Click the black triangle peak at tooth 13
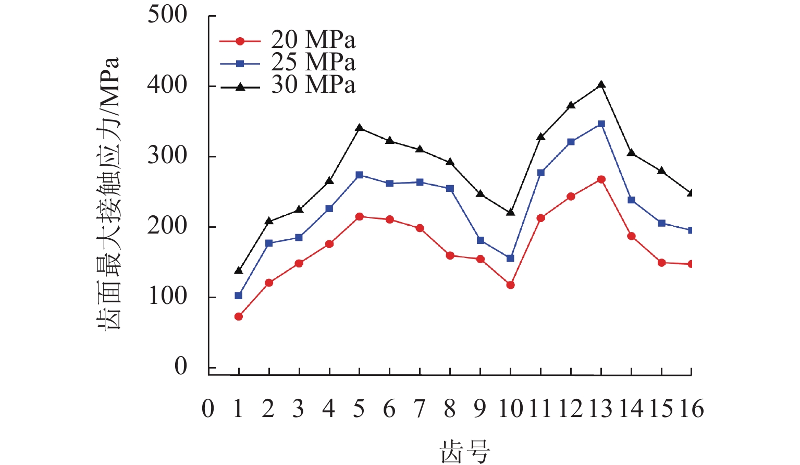(601, 84)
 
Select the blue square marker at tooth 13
(601, 124)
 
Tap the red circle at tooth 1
(239, 316)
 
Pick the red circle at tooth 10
(510, 285)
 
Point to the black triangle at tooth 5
(359, 128)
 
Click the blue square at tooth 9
(480, 240)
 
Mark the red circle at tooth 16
(691, 264)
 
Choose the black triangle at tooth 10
(510, 212)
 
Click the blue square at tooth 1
(239, 296)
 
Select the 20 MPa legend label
(313, 40)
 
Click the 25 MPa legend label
(313, 63)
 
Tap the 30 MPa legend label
(313, 85)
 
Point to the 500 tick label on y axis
(167, 15)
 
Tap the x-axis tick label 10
(510, 409)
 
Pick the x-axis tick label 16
(692, 409)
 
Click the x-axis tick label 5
(359, 409)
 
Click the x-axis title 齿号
(465, 451)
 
